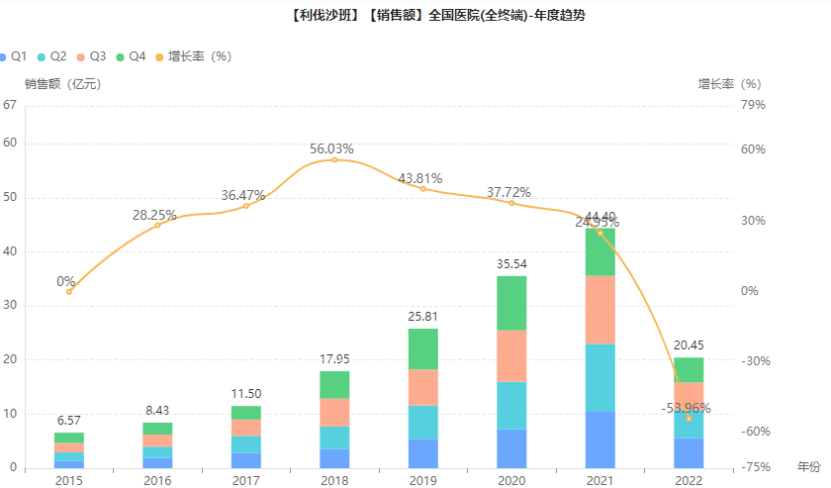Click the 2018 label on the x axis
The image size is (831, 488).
[x=334, y=479]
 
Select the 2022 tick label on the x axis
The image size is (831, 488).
[x=689, y=479]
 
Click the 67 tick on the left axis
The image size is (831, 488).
[x=10, y=106]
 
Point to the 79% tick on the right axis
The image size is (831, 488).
[x=754, y=106]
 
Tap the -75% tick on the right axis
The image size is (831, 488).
[x=756, y=467]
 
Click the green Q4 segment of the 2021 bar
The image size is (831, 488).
[x=600, y=252]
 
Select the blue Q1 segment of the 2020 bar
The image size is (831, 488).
[x=511, y=448]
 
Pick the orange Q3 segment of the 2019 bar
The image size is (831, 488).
[x=422, y=387]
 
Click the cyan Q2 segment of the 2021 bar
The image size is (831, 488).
[x=600, y=377]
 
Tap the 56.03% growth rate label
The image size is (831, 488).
[x=331, y=148]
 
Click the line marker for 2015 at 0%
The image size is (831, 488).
[x=69, y=291]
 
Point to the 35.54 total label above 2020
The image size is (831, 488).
[x=511, y=264]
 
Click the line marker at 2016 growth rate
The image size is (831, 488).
[x=157, y=226]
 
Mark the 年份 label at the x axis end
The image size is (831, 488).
[x=808, y=465]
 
